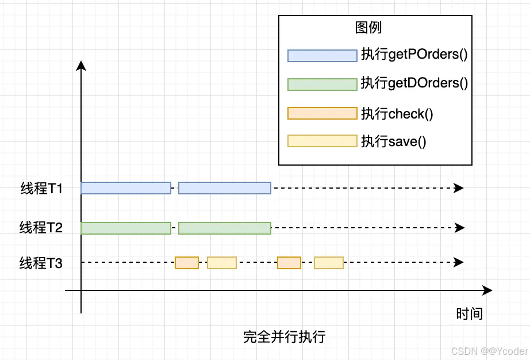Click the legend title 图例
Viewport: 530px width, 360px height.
coord(368,28)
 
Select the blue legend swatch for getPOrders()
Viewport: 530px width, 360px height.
coord(322,56)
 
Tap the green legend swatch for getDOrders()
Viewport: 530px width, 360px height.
coord(322,84)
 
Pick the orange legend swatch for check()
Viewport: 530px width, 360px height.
coord(322,113)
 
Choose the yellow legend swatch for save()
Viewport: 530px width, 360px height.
coord(322,141)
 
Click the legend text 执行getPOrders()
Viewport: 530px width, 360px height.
coord(414,55)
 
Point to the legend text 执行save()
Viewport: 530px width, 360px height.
coord(394,141)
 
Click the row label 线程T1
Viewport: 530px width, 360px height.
coord(41,189)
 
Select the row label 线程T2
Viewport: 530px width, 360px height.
coord(41,228)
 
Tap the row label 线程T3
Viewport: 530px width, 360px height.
coord(41,263)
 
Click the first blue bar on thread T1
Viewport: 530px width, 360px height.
coord(126,188)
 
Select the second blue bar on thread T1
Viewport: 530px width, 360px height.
coord(224,188)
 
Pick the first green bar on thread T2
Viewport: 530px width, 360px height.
coord(126,228)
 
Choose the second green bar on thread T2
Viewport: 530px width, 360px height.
coord(224,228)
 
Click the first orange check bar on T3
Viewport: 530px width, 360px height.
coord(187,263)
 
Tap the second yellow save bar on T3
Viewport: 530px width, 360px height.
coord(329,263)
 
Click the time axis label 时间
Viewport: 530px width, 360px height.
coord(469,314)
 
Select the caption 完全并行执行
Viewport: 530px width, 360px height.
coord(284,336)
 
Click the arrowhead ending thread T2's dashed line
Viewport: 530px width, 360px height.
coord(459,228)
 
